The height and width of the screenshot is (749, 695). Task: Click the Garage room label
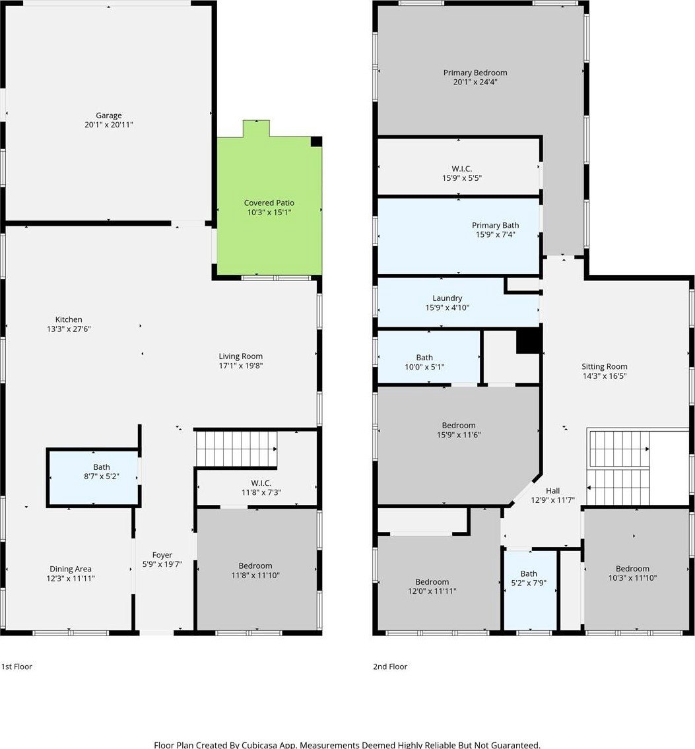click(x=108, y=115)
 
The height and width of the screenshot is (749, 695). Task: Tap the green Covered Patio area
click(x=269, y=205)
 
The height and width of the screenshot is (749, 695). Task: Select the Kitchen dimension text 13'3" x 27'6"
click(x=69, y=329)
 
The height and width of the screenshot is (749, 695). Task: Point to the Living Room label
click(x=241, y=356)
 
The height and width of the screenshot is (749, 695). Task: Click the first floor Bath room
click(x=93, y=477)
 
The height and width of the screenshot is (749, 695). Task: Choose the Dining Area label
click(x=71, y=569)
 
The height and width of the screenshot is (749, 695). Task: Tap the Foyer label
click(x=162, y=554)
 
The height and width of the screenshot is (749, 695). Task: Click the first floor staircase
click(x=236, y=449)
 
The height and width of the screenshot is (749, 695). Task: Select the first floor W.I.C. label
click(x=261, y=483)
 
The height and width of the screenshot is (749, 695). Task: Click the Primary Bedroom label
click(x=475, y=73)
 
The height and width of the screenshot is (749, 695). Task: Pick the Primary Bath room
click(x=459, y=236)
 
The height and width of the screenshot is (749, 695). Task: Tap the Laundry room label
click(x=447, y=298)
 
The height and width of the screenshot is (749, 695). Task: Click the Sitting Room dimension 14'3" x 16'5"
click(x=604, y=376)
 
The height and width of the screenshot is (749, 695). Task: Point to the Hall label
click(x=552, y=490)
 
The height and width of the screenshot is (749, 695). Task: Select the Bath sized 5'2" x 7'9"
click(x=531, y=591)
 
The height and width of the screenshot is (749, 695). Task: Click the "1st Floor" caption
click(x=17, y=667)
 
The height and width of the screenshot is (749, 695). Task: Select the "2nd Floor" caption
click(x=390, y=667)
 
